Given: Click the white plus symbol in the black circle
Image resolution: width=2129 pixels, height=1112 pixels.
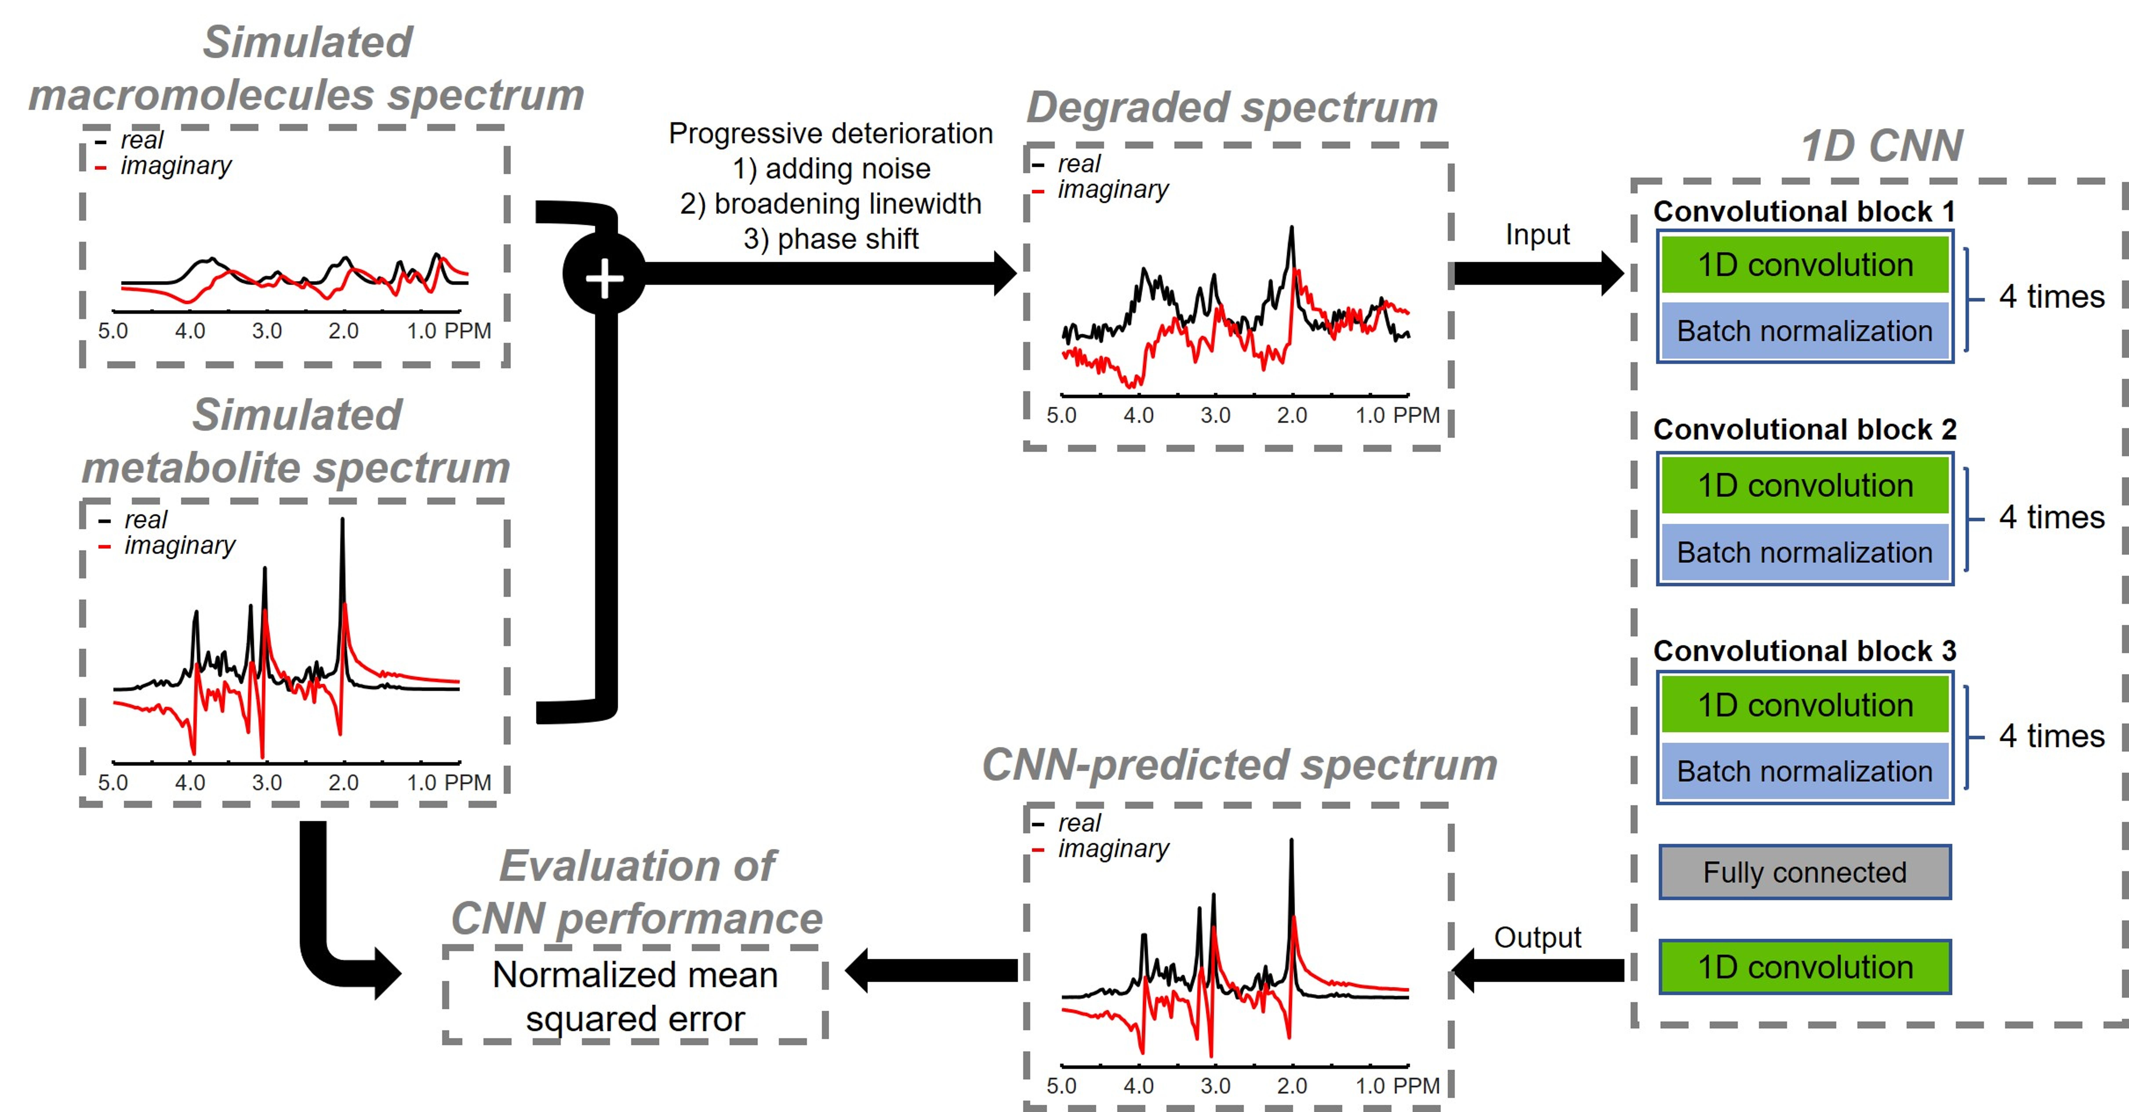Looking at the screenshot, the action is (x=604, y=278).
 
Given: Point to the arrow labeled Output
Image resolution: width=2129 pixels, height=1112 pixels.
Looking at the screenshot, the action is (x=1537, y=970).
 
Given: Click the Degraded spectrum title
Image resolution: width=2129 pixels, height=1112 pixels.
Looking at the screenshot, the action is (x=1232, y=107).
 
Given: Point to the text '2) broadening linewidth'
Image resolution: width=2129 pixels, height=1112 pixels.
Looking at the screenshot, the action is (x=831, y=203).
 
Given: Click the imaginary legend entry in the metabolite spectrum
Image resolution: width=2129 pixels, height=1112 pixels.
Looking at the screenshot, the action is (x=179, y=546).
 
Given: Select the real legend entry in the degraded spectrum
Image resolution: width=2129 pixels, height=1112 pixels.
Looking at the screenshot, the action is (x=1079, y=164).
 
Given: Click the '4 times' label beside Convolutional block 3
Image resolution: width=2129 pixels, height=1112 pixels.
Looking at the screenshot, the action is (x=2051, y=736).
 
